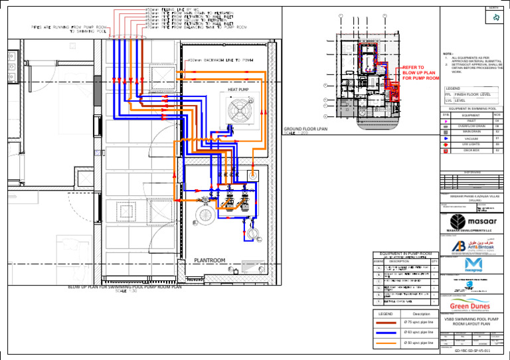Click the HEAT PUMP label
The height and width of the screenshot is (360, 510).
click(238, 88)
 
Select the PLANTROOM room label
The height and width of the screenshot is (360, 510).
click(209, 260)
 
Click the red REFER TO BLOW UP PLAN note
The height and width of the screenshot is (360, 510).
click(420, 73)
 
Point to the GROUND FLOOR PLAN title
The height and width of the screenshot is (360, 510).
click(306, 129)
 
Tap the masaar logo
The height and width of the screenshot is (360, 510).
click(471, 222)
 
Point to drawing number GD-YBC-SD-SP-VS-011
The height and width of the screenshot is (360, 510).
click(472, 349)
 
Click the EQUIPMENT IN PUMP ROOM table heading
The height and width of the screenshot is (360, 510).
click(406, 253)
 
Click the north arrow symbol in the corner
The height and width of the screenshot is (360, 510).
click(495, 18)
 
